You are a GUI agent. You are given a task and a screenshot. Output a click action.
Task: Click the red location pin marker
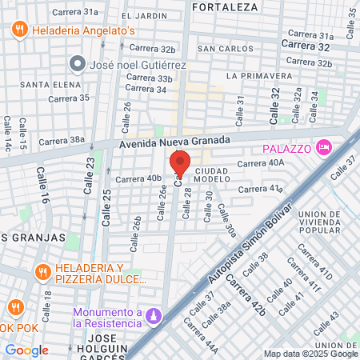pyautogui.click(x=180, y=163)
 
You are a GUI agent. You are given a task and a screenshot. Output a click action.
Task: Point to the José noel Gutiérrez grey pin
pyautogui.click(x=78, y=62)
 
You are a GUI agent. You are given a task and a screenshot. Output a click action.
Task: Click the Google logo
pyautogui.click(x=26, y=350)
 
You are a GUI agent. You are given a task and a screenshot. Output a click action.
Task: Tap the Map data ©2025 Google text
pyautogui.click(x=311, y=354)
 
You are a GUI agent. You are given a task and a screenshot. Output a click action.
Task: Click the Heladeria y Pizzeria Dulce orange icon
pyautogui.click(x=42, y=273)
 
